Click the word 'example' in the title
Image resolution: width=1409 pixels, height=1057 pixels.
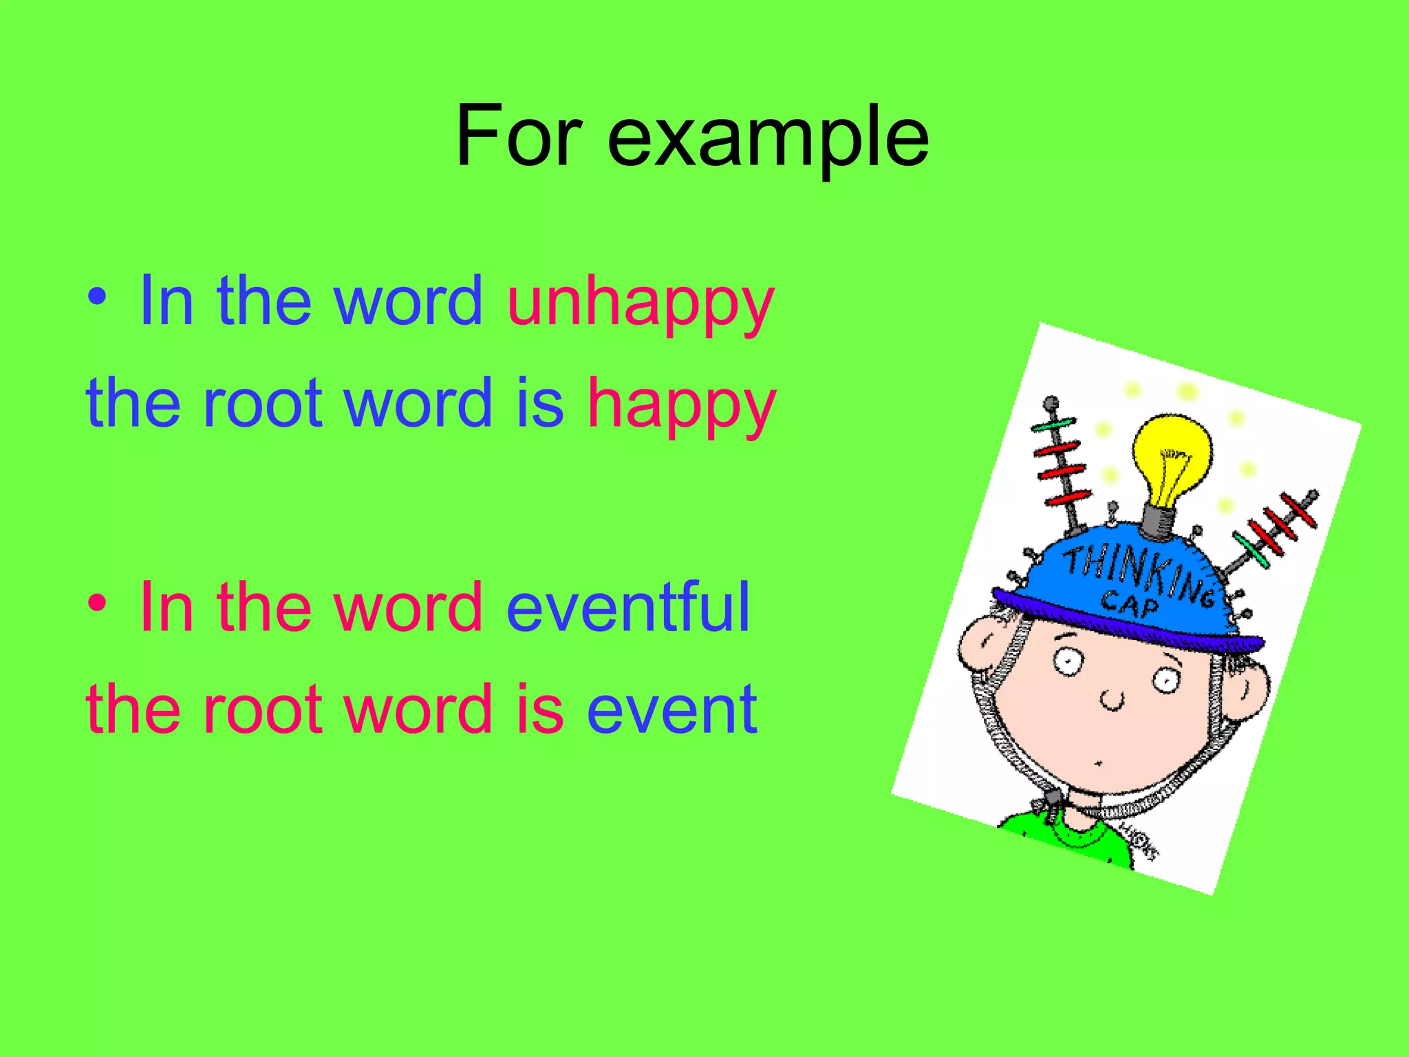(x=768, y=138)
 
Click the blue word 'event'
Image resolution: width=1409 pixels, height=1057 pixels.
(x=671, y=709)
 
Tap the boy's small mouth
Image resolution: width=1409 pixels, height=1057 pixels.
(x=1099, y=762)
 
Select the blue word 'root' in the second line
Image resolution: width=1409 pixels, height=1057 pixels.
(x=262, y=403)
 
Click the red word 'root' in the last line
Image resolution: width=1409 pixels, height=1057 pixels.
(x=262, y=709)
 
